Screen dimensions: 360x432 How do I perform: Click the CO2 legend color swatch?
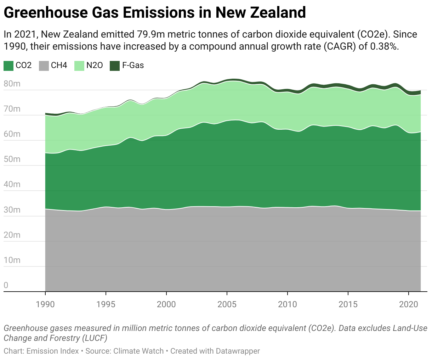coord(8,66)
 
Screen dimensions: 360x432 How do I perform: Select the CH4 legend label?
coord(59,66)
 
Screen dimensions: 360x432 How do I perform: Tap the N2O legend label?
coord(95,66)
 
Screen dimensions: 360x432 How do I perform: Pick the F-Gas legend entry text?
coord(133,66)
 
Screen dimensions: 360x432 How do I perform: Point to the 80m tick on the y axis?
coord(12,84)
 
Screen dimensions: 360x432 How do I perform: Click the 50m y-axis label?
coord(12,159)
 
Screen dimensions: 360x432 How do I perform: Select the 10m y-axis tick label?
coord(12,260)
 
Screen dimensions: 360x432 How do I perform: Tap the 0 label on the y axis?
coord(6,285)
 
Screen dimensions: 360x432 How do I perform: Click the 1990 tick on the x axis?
coord(45,304)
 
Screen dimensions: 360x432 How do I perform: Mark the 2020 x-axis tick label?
coord(409,304)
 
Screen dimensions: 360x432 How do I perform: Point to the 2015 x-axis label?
coord(348,304)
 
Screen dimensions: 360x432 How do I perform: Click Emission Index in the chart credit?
coord(53,351)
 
